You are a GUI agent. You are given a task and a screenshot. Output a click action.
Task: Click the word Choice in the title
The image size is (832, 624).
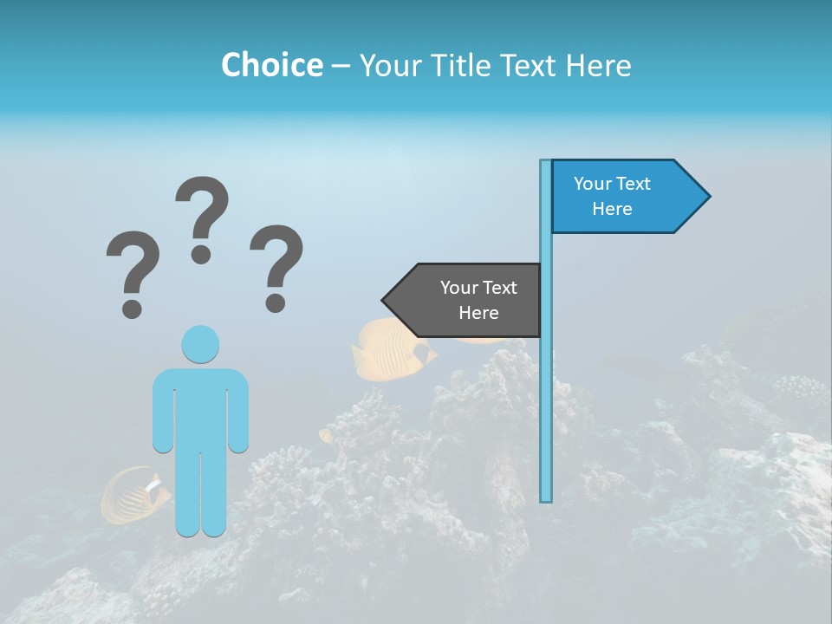(x=271, y=65)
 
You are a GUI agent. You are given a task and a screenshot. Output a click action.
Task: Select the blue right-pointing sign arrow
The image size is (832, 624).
(x=624, y=197)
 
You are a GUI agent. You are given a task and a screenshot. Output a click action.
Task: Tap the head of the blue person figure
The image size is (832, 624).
(x=200, y=344)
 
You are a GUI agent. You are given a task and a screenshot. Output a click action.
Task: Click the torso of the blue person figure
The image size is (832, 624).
(x=200, y=407)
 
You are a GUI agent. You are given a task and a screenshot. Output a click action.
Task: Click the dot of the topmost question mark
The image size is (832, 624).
(x=201, y=253)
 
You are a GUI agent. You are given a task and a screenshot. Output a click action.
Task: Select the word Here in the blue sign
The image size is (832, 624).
(x=612, y=209)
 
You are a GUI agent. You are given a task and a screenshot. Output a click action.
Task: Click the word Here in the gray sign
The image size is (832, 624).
(x=478, y=313)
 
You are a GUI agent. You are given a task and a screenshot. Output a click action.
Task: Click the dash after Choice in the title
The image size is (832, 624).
(x=341, y=66)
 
